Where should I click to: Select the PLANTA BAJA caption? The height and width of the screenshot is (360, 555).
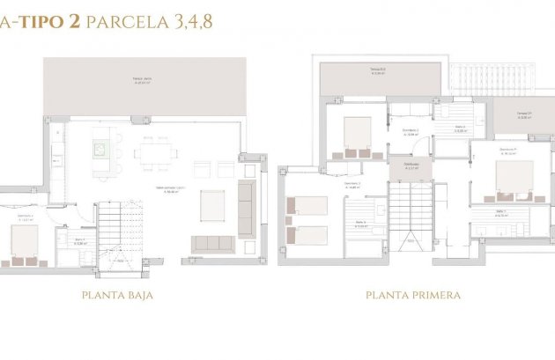point(116,296)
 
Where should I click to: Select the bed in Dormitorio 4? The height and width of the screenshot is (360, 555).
point(25,239)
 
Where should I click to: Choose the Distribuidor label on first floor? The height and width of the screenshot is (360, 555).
point(411,166)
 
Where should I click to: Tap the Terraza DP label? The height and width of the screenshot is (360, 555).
point(522,114)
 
